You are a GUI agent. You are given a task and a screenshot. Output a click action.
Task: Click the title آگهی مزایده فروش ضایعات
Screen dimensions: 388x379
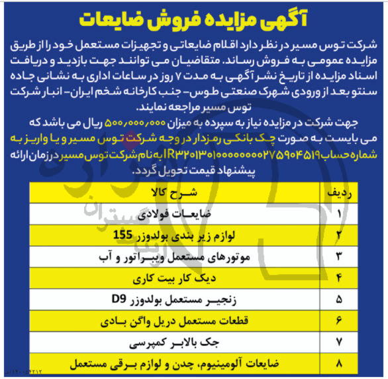tap(193, 19)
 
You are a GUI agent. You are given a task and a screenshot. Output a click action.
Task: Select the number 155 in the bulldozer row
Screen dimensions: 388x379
tap(124, 235)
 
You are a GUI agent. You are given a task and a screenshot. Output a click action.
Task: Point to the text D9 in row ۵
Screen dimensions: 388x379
tap(117, 299)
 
